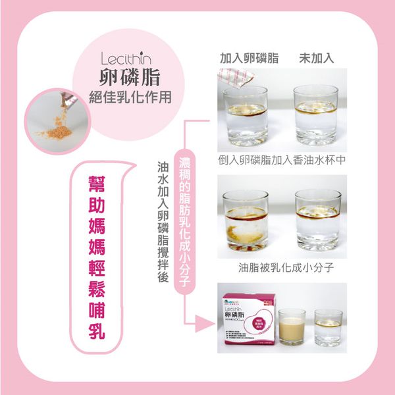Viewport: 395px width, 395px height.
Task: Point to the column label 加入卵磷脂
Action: point(248,58)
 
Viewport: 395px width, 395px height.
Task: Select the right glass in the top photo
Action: point(317,118)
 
